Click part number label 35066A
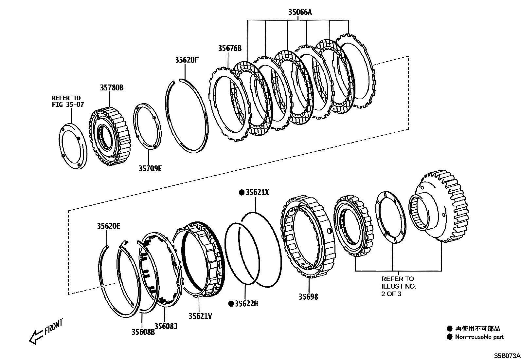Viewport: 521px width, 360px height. click(x=300, y=12)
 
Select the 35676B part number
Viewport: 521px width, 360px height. click(x=230, y=48)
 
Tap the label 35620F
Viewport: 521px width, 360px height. click(x=187, y=60)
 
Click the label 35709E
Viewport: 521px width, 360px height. click(x=150, y=168)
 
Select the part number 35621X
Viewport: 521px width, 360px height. click(x=257, y=192)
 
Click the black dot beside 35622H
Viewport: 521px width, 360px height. click(x=231, y=304)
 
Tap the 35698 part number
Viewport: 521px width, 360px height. click(x=308, y=297)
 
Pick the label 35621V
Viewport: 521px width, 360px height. click(x=200, y=316)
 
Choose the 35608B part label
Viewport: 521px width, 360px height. click(x=143, y=332)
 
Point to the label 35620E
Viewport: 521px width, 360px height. click(x=109, y=226)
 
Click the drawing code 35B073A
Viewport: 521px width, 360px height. click(x=507, y=355)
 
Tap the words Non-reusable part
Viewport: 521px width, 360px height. click(x=479, y=337)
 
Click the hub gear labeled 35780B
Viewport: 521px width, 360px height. click(x=110, y=134)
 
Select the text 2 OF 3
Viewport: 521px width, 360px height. click(x=391, y=294)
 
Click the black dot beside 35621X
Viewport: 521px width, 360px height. click(x=242, y=192)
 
